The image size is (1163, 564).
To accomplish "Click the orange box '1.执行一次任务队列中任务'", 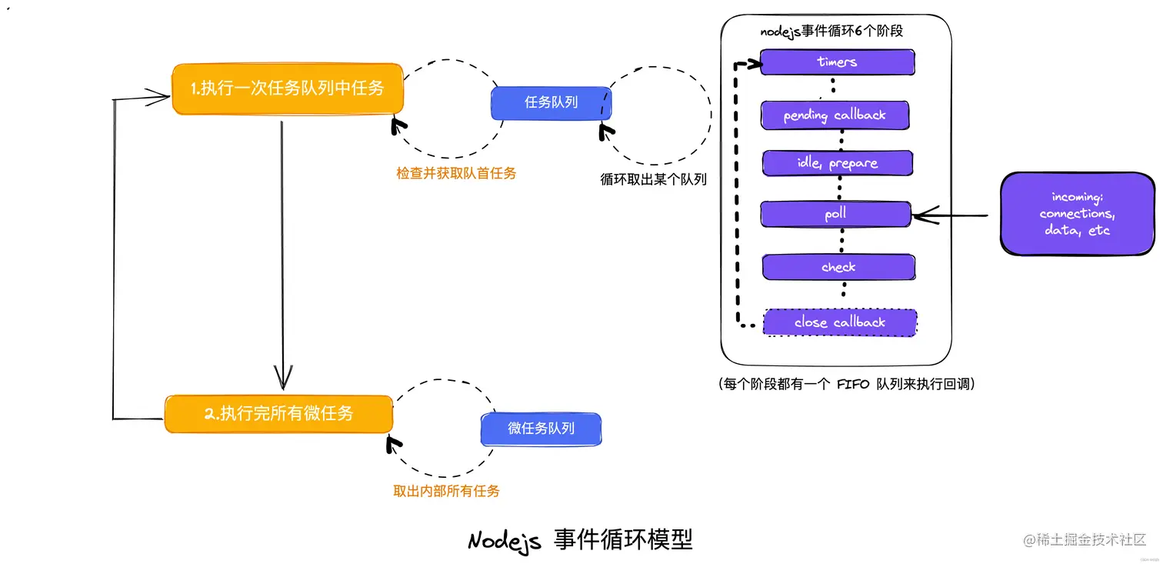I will coord(288,88).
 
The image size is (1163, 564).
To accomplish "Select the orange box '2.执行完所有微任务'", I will coord(278,414).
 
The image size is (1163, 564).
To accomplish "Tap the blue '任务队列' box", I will coord(551,102).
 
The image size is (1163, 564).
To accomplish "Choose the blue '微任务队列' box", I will coord(541,429).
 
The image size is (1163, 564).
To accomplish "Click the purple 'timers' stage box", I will coord(837,62).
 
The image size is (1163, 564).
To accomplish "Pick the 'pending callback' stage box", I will coord(835,115).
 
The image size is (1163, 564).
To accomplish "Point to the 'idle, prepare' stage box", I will coord(837,163).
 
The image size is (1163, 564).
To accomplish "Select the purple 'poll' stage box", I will coord(835,214).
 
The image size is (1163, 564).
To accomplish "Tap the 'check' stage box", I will coord(838,267).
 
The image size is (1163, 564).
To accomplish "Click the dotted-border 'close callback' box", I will coord(840,322).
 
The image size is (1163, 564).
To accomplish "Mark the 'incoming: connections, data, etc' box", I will coord(1077,214).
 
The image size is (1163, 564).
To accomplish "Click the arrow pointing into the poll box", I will coord(950,215).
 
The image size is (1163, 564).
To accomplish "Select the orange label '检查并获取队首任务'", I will coord(456,174).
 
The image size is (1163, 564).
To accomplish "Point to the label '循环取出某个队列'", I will coord(653,180).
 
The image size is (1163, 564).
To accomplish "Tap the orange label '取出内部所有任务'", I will coord(446,491).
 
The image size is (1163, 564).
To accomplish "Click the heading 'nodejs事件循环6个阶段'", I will coord(831,32).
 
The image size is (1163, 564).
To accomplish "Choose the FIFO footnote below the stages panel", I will coord(845,383).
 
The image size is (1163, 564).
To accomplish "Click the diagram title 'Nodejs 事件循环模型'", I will coord(580,539).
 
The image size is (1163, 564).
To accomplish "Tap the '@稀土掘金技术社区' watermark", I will coord(1085,539).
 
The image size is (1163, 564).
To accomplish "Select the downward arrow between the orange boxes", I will coord(283,254).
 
